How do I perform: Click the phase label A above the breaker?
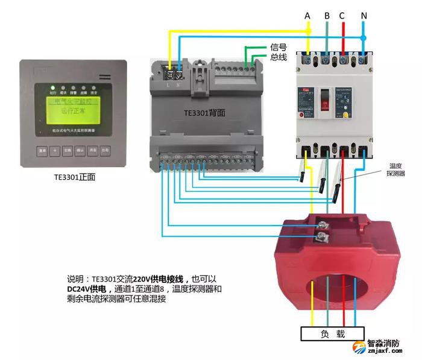pyautogui.click(x=307, y=15)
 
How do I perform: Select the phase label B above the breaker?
pyautogui.click(x=326, y=15)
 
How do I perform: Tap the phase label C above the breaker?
pyautogui.click(x=343, y=15)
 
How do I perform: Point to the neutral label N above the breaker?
pyautogui.click(x=364, y=15)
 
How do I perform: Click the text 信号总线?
pyautogui.click(x=278, y=52)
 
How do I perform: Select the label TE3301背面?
pyautogui.click(x=205, y=113)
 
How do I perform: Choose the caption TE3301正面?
pyautogui.click(x=74, y=177)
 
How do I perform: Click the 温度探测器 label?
pyautogui.click(x=395, y=169)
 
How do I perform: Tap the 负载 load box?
pyautogui.click(x=332, y=333)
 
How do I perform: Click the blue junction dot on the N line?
pyautogui.click(x=364, y=37)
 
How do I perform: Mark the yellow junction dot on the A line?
pyautogui.click(x=307, y=29)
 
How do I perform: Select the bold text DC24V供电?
pyautogui.click(x=87, y=289)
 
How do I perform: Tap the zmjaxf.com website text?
pyautogui.click(x=383, y=351)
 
